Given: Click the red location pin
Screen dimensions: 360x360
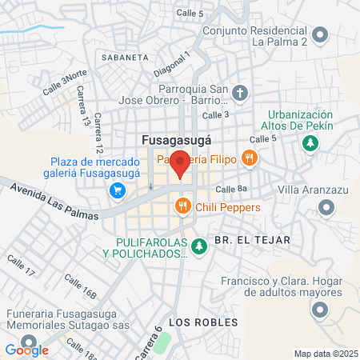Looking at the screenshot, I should click(x=181, y=164).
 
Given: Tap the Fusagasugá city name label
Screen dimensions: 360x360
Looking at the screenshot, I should click(x=176, y=139).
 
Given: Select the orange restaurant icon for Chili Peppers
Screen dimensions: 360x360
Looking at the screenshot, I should click(x=184, y=208).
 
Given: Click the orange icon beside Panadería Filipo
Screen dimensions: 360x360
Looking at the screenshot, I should click(x=250, y=158).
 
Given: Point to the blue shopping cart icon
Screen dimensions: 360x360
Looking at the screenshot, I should click(x=118, y=190).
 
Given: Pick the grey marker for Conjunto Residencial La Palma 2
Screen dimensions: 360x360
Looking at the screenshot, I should click(x=320, y=35).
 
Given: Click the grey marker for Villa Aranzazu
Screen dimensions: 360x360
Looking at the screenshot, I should click(x=326, y=208).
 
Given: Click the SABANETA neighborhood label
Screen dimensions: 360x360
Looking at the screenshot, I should click(x=125, y=58).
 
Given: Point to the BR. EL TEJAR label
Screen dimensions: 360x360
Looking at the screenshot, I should click(x=251, y=240).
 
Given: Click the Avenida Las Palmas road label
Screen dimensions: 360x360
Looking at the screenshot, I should click(x=56, y=202).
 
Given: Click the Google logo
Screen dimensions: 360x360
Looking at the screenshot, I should click(x=26, y=350).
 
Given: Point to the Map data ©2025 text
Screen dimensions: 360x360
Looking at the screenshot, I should click(x=326, y=354).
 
